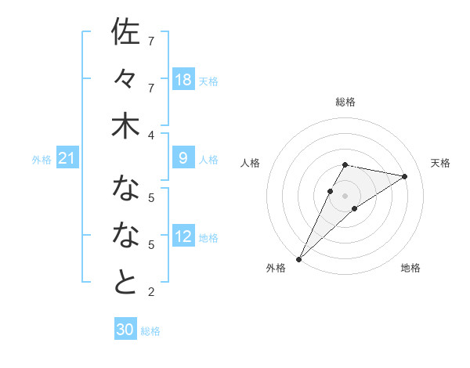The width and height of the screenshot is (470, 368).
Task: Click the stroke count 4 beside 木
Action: coord(151,135)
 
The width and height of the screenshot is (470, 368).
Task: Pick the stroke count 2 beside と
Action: coord(151,293)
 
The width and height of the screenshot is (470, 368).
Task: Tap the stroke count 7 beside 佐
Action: coord(151,40)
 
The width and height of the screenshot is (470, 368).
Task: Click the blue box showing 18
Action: coord(183,80)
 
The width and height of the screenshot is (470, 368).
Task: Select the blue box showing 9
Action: coord(183,159)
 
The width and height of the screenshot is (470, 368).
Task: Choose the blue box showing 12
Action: coord(183,237)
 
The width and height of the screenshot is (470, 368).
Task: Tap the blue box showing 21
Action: coord(67,159)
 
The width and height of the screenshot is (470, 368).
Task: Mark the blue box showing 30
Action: coord(125,330)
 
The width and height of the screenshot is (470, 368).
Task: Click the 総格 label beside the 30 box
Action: coord(150,331)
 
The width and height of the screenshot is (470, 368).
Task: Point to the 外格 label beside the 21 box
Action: coord(42,160)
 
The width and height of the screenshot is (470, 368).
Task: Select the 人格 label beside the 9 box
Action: coord(208,160)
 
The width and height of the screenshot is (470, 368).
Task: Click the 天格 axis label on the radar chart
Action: coord(440,163)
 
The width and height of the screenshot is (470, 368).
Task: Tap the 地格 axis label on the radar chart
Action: coord(410,268)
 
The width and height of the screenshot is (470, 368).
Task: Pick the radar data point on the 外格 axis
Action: coord(299,258)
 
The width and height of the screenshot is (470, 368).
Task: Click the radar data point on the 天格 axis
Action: coord(405,176)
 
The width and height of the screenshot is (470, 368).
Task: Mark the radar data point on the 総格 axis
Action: coord(345,164)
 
